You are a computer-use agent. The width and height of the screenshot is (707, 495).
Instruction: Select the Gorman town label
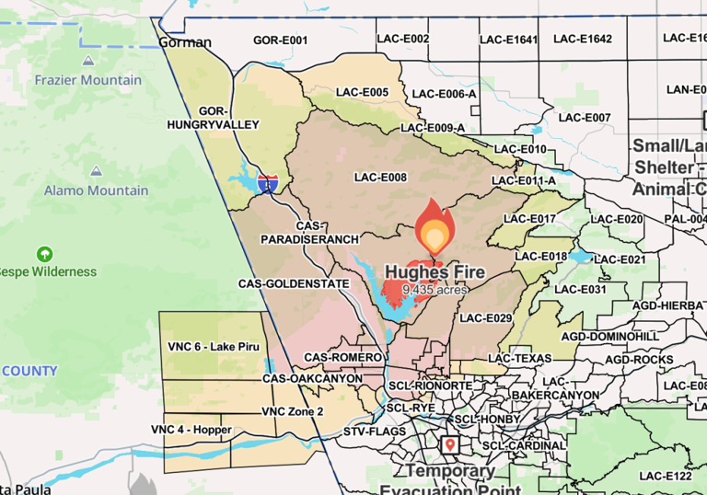184,42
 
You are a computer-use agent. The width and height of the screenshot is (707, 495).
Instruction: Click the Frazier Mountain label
88,80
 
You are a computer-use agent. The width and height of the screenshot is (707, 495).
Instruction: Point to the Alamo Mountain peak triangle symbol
96,171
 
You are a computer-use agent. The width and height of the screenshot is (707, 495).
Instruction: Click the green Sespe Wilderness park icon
43,253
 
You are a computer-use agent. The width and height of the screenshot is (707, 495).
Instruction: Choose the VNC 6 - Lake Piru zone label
213,346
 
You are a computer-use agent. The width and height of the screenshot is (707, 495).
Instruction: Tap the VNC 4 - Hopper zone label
191,430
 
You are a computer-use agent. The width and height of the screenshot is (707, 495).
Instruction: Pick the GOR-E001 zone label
280,40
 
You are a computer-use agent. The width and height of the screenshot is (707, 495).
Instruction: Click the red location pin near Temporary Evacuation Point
450,445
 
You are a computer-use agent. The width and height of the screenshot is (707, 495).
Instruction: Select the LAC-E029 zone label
485,317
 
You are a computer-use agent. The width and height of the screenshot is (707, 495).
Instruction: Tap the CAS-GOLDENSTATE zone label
294,283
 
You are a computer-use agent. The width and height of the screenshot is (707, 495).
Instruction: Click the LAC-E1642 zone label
582,39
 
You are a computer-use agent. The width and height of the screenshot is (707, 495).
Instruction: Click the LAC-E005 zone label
362,92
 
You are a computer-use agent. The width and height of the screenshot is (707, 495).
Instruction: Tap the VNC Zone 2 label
292,411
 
